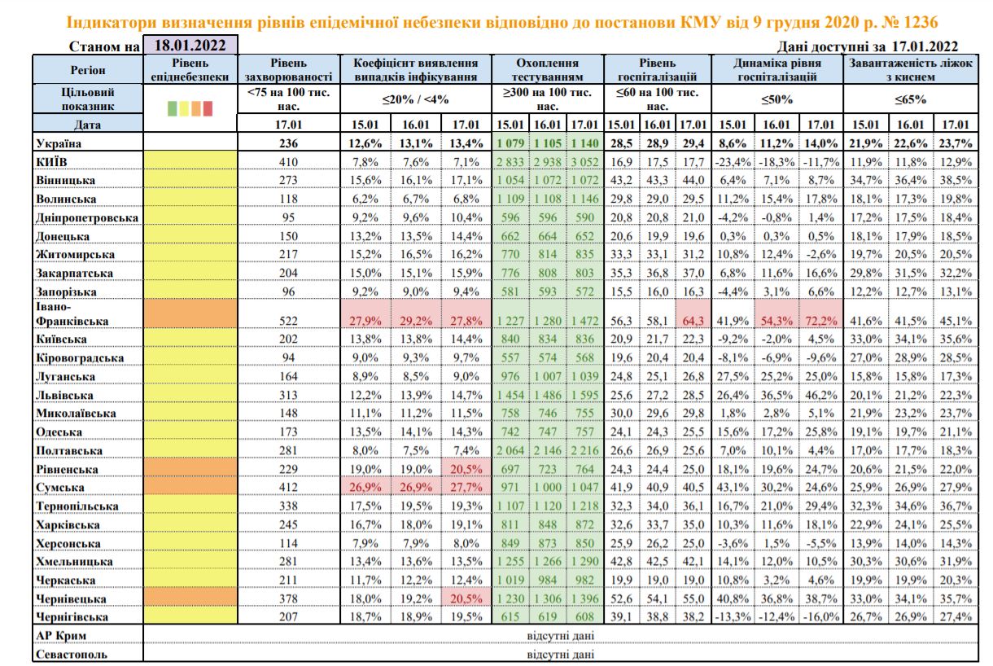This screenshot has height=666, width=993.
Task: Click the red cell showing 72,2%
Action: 820,320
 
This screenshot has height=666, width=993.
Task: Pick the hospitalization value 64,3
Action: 694,320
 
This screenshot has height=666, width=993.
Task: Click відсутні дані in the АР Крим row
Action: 559,635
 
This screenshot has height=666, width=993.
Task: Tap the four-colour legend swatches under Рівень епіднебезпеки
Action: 190,106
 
